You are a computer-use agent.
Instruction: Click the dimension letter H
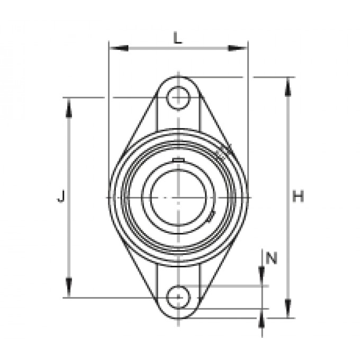(299, 197)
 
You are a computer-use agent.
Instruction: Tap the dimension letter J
(61, 197)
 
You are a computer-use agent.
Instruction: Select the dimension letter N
(271, 258)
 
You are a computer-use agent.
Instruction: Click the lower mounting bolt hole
(178, 298)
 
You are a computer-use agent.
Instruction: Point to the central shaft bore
(178, 197)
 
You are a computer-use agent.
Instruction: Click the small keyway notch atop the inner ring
(178, 160)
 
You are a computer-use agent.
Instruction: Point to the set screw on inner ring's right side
(212, 214)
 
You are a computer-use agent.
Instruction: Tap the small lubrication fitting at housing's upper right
(221, 154)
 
